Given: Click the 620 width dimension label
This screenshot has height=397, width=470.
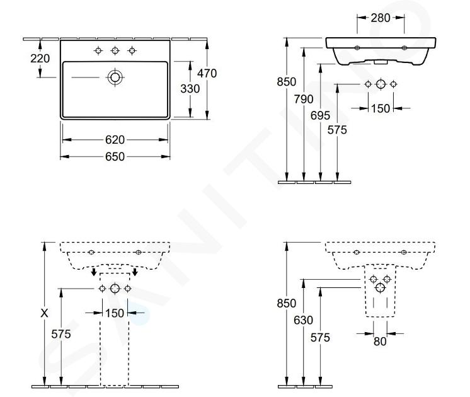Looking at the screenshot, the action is point(115,140).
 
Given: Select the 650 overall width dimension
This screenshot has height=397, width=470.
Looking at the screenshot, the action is point(115,156).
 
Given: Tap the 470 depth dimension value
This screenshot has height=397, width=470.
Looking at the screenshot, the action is point(207,73).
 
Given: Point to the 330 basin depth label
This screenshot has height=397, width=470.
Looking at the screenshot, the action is point(190,89).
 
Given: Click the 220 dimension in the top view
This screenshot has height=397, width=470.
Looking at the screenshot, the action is point(40,59).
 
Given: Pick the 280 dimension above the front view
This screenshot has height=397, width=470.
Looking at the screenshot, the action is point(381,18).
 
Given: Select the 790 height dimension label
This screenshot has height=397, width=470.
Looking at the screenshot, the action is point(303,99).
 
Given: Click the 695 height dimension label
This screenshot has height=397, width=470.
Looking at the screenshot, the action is point(320,115).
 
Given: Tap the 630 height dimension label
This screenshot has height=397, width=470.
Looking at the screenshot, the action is point(303,320).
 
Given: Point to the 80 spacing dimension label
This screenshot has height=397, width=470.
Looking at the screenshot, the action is point(380,341).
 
